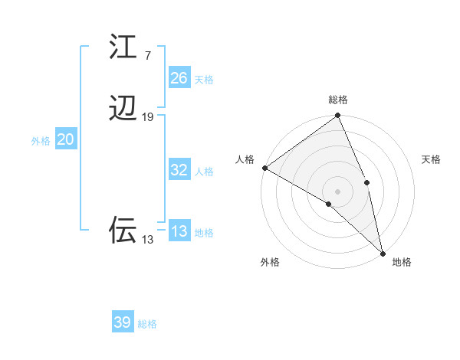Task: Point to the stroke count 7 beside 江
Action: [x=147, y=55]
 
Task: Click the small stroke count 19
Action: [x=148, y=116]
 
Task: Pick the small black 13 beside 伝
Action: [x=147, y=239]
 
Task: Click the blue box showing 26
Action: [x=179, y=77]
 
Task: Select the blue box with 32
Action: [x=179, y=170]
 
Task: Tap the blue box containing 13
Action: [x=179, y=231]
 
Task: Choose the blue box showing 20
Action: [x=66, y=139]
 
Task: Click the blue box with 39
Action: [x=123, y=322]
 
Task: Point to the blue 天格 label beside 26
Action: [x=204, y=79]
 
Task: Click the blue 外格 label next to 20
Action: [x=41, y=141]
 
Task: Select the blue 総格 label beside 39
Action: [x=147, y=324]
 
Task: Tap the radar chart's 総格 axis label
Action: [x=338, y=100]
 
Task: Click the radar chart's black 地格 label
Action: [x=402, y=262]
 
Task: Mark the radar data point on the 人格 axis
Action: [x=264, y=168]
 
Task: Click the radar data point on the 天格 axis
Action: [x=367, y=182]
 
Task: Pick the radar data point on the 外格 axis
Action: [x=329, y=204]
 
